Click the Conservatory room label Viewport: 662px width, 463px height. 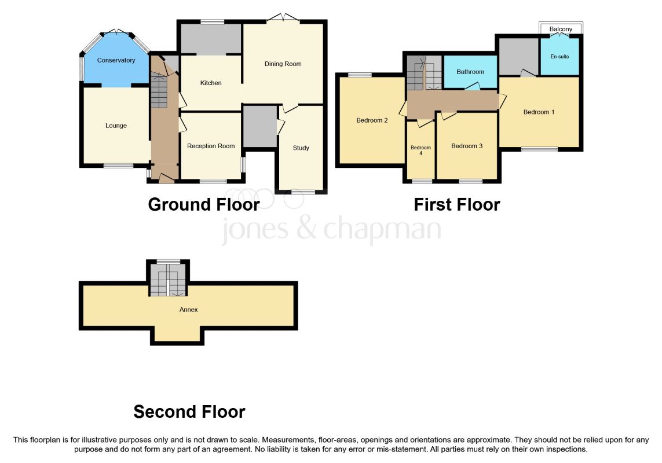click(116, 60)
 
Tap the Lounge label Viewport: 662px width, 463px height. click(116, 126)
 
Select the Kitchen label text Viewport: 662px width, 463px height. click(211, 83)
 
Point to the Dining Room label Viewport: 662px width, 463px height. click(283, 64)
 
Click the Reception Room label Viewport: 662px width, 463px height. click(211, 146)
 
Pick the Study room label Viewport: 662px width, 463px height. click(301, 148)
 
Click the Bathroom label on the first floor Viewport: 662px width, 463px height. click(470, 72)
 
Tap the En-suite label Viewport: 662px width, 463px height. click(559, 57)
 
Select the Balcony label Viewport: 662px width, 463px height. click(561, 29)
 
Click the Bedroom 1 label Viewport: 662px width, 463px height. click(539, 112)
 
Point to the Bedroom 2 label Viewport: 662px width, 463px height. click(372, 120)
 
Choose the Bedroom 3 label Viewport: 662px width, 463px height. click(467, 146)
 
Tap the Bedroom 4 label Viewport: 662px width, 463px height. click(421, 150)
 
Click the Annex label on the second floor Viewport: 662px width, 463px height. click(188, 310)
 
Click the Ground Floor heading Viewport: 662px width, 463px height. click(204, 205)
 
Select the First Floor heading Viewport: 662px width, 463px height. click(457, 205)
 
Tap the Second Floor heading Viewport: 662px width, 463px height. click(189, 412)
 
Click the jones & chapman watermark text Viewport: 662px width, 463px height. click(331, 229)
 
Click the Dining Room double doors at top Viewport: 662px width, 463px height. click(283, 18)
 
